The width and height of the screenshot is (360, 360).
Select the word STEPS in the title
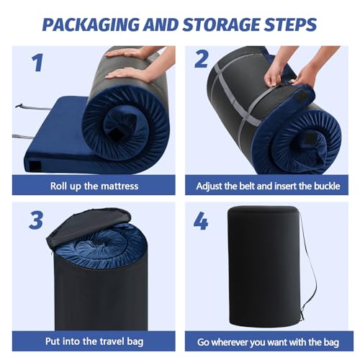[289, 24]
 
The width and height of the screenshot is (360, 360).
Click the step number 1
[36, 63]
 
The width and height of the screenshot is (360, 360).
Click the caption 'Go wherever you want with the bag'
[269, 343]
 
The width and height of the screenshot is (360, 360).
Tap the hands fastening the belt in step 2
[288, 72]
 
